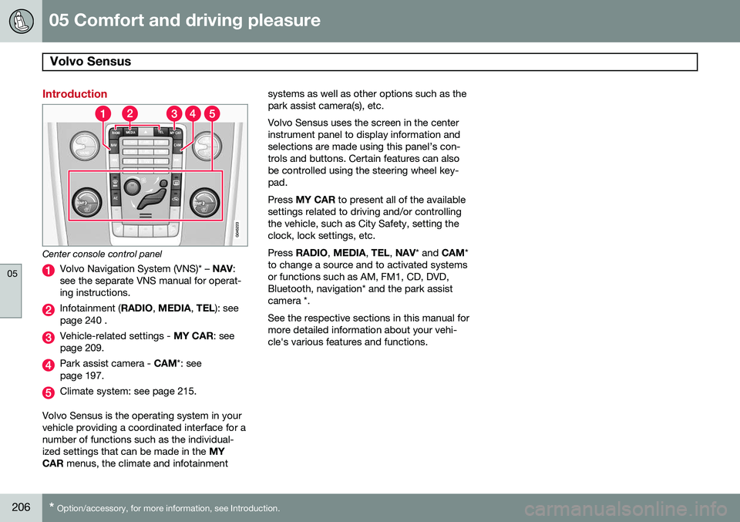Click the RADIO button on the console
116,133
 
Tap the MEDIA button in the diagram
130,132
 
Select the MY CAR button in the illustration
175,133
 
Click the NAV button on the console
114,146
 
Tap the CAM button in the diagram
177,146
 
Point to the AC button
115,199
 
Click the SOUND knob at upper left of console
84,146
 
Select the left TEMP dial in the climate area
86,203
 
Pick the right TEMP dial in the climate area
204,203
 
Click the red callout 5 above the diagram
212,114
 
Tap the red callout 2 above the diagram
129,114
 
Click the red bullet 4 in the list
48,365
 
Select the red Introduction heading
75,94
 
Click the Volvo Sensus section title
90,62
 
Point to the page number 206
21,507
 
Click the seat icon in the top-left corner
21,22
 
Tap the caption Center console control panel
102,254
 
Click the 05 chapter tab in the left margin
12,273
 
